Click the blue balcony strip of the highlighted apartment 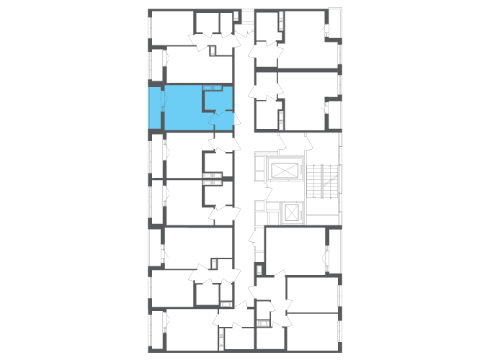tap(155, 108)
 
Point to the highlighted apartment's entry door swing tap(224, 119)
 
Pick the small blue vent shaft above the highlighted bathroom tap(211, 88)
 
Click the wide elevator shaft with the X tap(283, 171)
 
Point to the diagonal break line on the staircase tap(328, 183)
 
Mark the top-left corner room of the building tap(171, 27)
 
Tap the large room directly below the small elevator tap(295, 248)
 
